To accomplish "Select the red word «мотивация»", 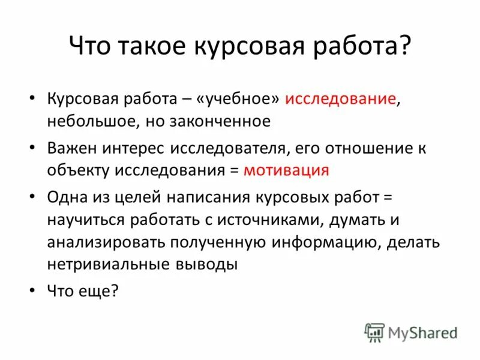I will pyautogui.click(x=286, y=170).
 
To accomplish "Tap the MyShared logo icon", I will pyautogui.click(x=374, y=332).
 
